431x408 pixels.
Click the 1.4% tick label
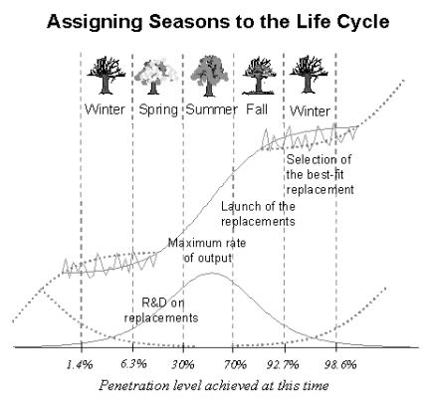(x=80, y=365)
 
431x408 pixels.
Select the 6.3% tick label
(x=133, y=364)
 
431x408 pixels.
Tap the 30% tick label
(x=183, y=365)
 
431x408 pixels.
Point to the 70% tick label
(x=235, y=365)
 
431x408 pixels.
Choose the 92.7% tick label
(x=283, y=365)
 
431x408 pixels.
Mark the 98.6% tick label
(x=340, y=365)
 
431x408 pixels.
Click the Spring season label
(x=158, y=110)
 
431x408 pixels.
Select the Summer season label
(x=211, y=109)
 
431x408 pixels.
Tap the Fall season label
(x=257, y=109)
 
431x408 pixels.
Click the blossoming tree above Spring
(x=155, y=77)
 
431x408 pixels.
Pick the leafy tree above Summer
(x=209, y=76)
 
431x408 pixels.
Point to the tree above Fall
(x=259, y=76)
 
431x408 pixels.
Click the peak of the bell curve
(x=212, y=273)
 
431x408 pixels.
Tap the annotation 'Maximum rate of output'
(x=207, y=251)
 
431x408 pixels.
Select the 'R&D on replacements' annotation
(x=161, y=310)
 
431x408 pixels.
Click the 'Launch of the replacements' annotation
(x=258, y=214)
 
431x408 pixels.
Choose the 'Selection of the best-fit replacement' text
(x=320, y=175)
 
